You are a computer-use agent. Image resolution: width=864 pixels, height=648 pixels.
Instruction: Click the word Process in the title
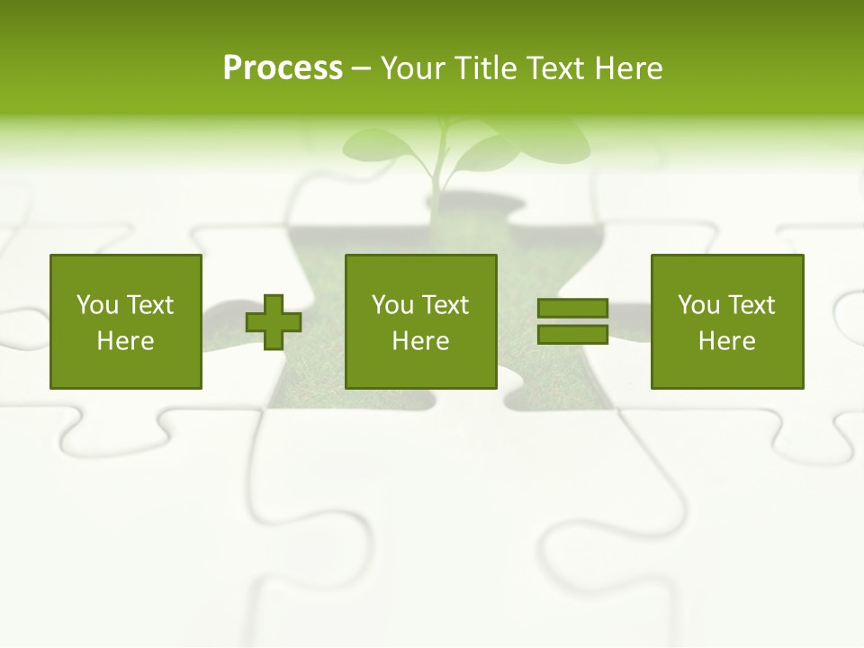[x=283, y=68]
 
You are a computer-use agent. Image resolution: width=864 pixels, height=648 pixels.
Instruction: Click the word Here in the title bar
[x=630, y=68]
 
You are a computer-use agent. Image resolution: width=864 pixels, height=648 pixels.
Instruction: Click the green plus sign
[x=274, y=322]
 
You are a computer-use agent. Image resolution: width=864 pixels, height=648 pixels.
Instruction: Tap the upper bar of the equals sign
[x=572, y=309]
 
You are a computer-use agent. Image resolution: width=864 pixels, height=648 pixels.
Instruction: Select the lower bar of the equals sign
[x=572, y=335]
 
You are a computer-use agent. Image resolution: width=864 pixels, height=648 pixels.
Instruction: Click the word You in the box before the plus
[x=97, y=305]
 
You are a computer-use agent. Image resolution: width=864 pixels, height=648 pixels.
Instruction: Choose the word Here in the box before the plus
[x=125, y=341]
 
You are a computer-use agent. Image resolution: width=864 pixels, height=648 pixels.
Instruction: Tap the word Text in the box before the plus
[x=149, y=305]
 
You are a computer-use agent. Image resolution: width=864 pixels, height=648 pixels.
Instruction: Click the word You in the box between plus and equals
[x=392, y=305]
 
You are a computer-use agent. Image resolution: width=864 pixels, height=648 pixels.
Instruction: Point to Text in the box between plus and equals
[x=445, y=305]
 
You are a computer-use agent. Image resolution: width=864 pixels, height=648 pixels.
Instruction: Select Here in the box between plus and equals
[x=420, y=341]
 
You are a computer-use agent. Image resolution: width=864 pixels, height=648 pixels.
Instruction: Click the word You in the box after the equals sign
[x=698, y=305]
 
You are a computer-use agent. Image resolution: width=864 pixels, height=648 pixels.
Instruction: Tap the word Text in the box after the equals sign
[x=751, y=305]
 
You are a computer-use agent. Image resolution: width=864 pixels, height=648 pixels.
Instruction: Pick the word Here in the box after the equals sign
[x=726, y=341]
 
